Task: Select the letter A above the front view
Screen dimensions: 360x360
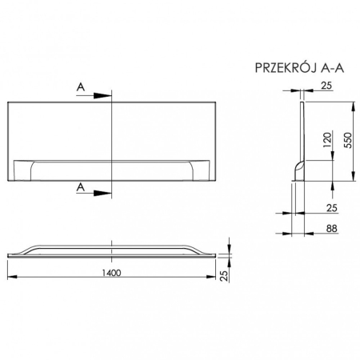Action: coord(81,86)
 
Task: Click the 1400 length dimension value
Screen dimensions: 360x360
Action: coord(112,272)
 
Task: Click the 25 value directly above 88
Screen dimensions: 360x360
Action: coord(332,207)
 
